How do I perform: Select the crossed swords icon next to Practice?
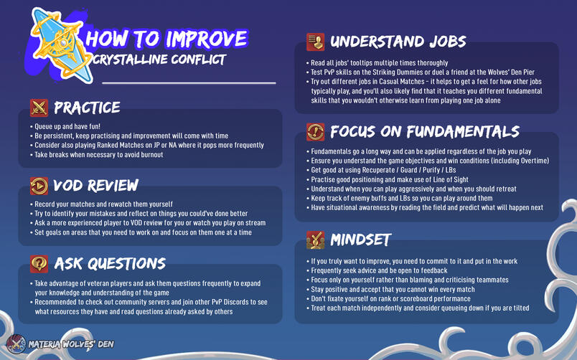(39, 108)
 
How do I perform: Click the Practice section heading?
(87, 108)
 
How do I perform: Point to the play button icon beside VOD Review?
(39, 186)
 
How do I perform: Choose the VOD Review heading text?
(95, 186)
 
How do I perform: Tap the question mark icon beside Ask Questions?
(39, 262)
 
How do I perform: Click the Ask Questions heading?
(110, 263)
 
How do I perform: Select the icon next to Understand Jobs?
(315, 42)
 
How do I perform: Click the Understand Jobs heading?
(398, 42)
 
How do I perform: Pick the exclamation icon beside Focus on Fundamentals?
(315, 132)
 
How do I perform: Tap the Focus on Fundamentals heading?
(424, 132)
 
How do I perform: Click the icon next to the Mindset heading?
(315, 239)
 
